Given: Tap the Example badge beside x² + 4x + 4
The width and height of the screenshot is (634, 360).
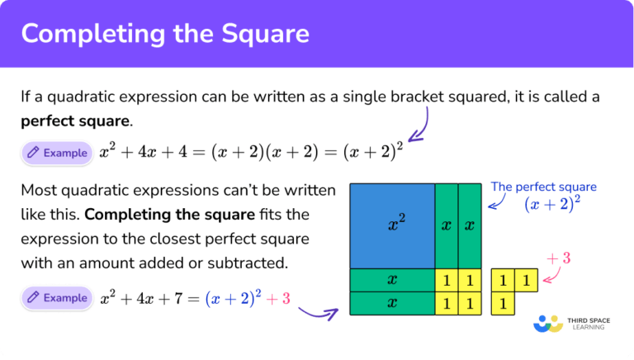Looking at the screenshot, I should [x=55, y=153].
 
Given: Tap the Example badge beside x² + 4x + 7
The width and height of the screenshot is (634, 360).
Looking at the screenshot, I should [x=55, y=297].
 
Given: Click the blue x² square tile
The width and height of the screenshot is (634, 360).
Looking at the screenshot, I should [x=392, y=225].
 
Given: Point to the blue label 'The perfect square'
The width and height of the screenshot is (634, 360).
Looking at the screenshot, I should [x=543, y=187].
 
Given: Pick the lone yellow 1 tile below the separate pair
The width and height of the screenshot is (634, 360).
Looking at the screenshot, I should [x=502, y=304].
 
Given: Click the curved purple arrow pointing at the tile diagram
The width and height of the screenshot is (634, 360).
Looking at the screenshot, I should [x=318, y=312].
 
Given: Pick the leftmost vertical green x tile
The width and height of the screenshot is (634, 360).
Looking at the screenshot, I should [x=446, y=225].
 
